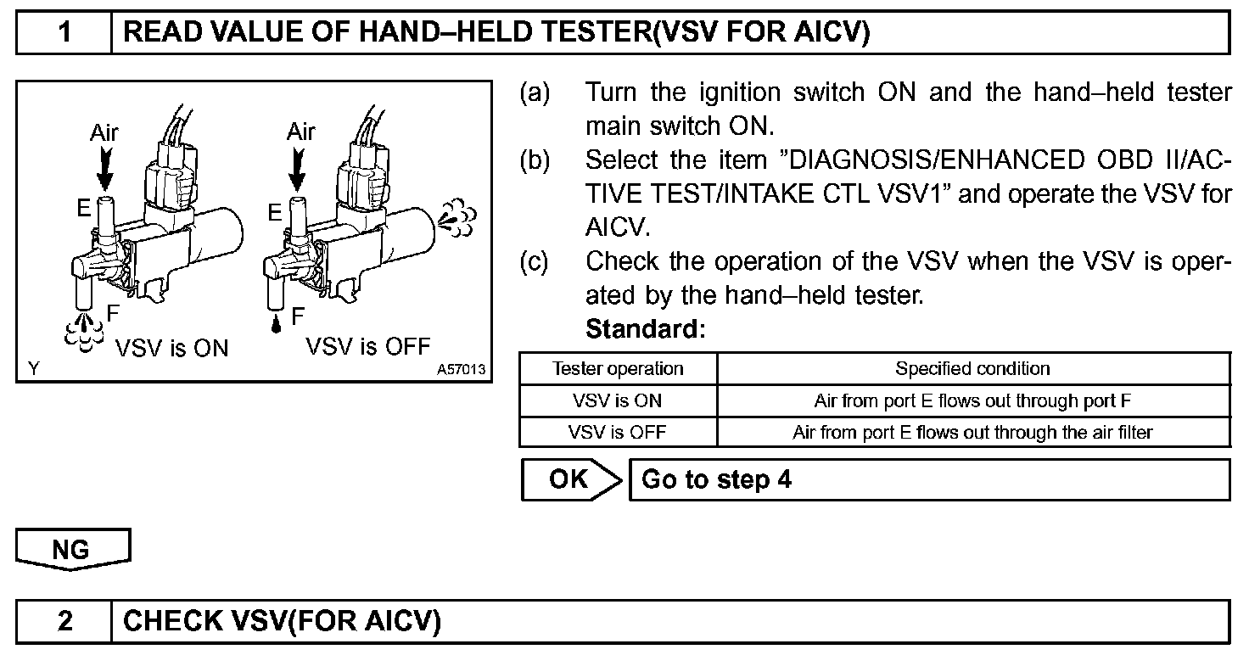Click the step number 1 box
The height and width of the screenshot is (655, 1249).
pos(64,32)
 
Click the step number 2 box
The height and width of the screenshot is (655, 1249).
pos(64,621)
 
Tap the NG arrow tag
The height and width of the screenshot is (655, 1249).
pos(72,549)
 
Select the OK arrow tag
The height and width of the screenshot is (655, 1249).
pos(570,479)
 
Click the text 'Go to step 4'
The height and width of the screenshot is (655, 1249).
pos(716,479)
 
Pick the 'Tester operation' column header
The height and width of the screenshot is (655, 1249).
pos(618,369)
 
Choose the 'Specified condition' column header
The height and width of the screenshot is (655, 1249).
pos(972,369)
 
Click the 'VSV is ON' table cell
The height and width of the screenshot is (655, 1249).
pos(618,400)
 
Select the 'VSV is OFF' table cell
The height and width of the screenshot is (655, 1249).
pos(618,432)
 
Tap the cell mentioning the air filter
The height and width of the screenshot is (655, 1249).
pos(972,432)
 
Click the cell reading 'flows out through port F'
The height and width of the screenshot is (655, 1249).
pos(972,400)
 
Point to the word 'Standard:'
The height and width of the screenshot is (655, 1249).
pos(645,328)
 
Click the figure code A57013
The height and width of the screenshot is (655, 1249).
pos(462,370)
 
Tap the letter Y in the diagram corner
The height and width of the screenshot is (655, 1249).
pos(33,369)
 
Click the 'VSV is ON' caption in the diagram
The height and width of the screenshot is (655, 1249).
pos(171,348)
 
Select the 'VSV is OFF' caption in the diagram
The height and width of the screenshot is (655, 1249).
pos(368,346)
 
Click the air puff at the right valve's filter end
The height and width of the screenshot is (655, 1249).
pos(458,219)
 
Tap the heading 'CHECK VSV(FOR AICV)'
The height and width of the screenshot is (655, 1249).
pos(283,621)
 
